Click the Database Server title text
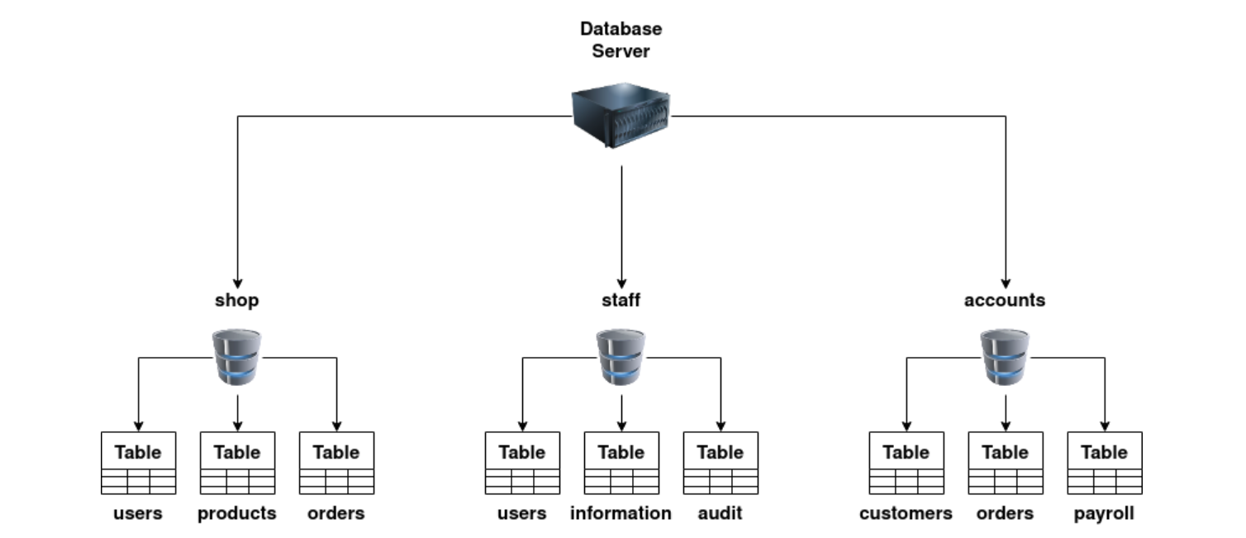(x=621, y=40)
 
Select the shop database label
(x=237, y=300)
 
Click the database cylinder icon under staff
(x=621, y=357)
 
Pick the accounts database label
(x=1005, y=300)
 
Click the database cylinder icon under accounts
(x=1006, y=357)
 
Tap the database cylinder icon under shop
(x=237, y=357)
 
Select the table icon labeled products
(x=237, y=463)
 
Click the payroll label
(x=1105, y=513)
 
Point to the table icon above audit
(x=720, y=463)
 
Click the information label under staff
(x=621, y=513)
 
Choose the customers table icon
(x=906, y=463)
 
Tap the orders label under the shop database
(x=336, y=513)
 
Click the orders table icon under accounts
(x=1006, y=463)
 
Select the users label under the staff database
(x=522, y=513)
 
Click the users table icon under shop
(x=138, y=463)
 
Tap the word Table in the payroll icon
(x=1105, y=452)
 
